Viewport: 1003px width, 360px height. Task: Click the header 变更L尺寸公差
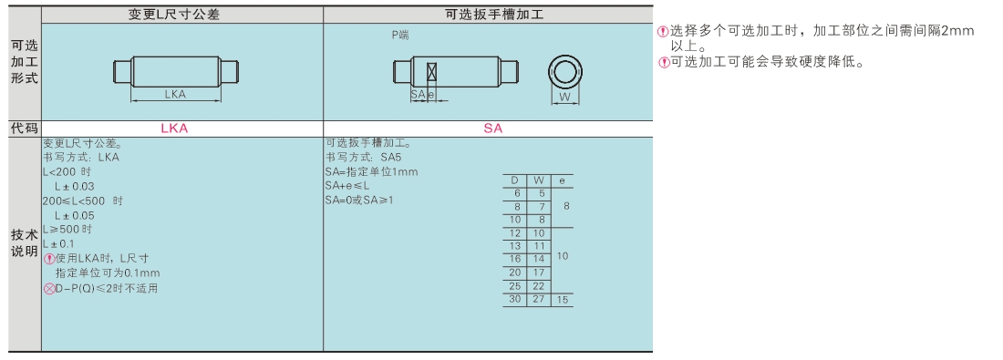point(174,15)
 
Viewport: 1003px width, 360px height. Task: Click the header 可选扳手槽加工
point(494,15)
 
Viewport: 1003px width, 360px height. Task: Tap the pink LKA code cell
point(174,129)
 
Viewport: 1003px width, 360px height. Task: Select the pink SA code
point(493,129)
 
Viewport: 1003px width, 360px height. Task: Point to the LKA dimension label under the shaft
point(175,95)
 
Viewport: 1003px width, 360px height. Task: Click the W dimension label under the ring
point(564,98)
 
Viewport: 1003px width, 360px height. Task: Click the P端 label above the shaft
point(400,36)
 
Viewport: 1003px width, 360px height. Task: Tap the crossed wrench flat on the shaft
point(432,71)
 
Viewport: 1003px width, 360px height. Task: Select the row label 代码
point(25,129)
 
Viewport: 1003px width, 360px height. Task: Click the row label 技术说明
point(25,243)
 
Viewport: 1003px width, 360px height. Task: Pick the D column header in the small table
point(515,181)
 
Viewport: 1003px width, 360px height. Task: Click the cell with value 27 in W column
point(539,299)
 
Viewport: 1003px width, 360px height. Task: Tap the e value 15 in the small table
point(563,299)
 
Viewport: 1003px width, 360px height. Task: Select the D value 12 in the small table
point(515,233)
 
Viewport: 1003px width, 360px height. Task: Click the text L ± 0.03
point(74,187)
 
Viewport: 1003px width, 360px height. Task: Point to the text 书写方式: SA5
point(364,158)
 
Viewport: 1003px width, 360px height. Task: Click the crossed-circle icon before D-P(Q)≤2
point(49,289)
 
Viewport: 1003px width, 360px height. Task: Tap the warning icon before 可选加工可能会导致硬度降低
point(664,63)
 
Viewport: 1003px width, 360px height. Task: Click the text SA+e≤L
point(347,186)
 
